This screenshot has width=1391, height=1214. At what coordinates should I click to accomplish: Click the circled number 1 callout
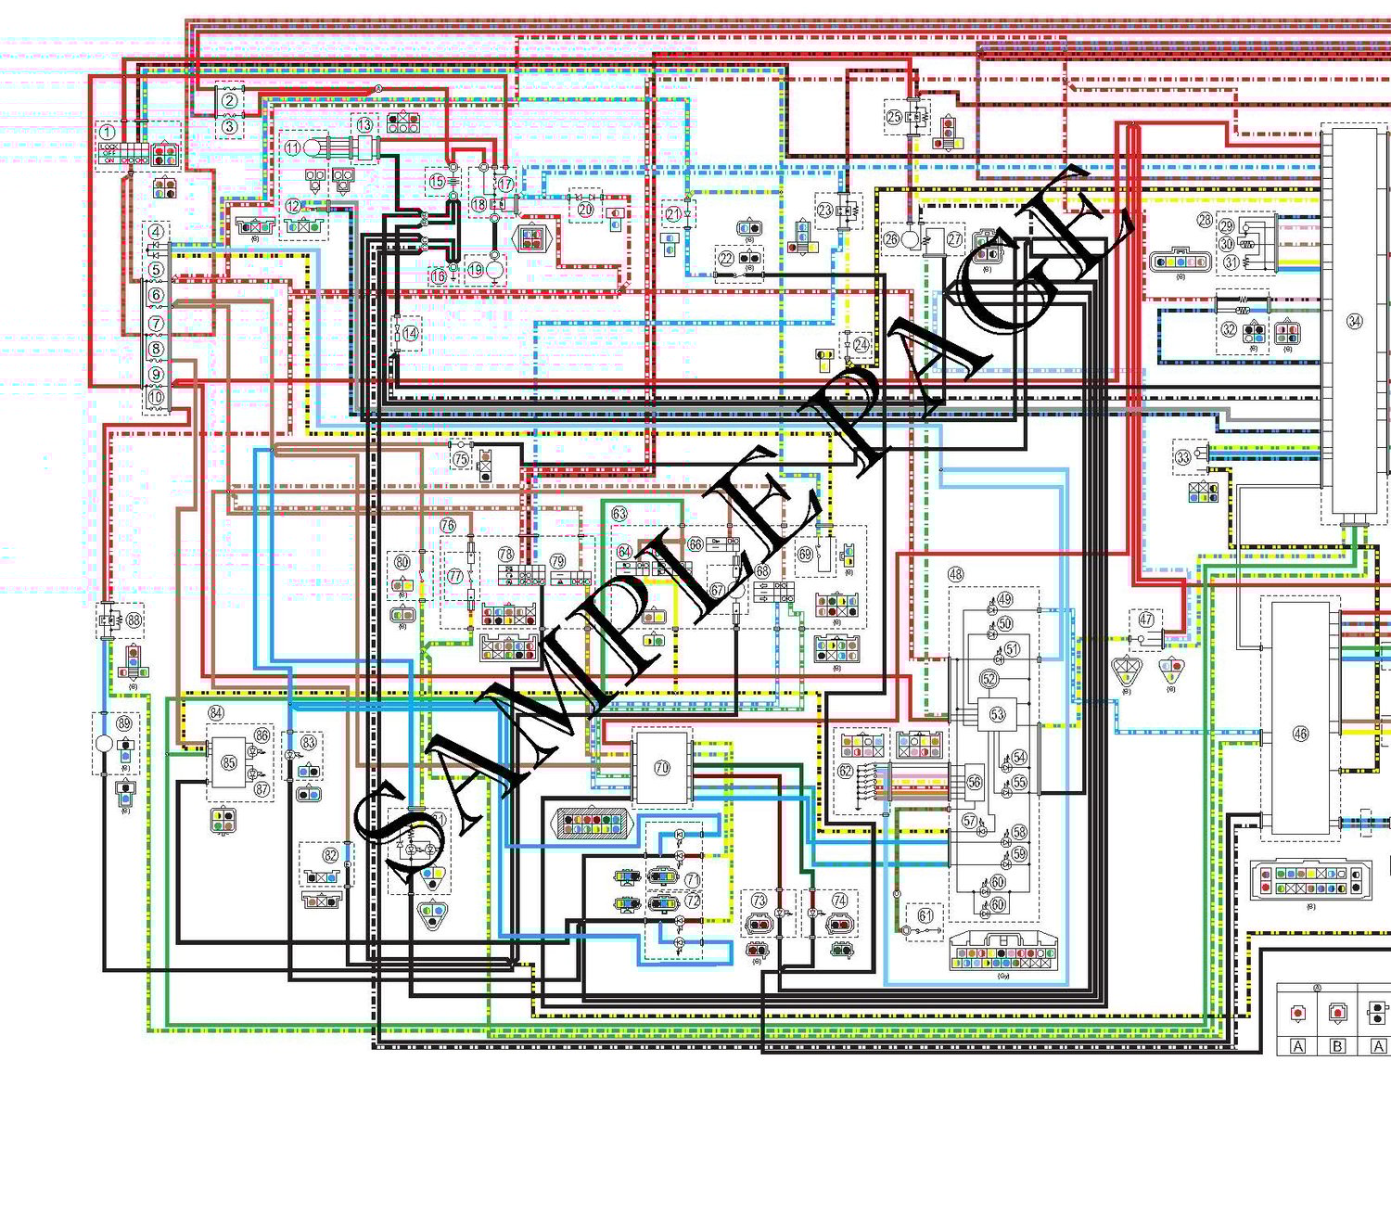(x=108, y=133)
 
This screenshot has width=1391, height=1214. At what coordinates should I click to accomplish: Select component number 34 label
(x=1355, y=322)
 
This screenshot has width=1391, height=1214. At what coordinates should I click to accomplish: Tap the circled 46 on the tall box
(x=1300, y=734)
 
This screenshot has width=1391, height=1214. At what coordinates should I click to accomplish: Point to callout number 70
(x=661, y=768)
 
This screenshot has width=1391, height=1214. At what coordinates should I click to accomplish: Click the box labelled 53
(x=997, y=714)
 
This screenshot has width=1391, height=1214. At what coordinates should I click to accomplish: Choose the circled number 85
(x=228, y=763)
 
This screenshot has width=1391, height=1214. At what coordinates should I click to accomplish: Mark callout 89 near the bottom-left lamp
(x=123, y=723)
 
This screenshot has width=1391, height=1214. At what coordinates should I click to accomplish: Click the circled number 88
(x=134, y=620)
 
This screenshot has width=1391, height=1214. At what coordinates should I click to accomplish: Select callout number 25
(x=894, y=117)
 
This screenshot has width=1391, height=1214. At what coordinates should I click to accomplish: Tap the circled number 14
(x=410, y=333)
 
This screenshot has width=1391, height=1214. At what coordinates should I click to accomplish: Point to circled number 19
(x=477, y=269)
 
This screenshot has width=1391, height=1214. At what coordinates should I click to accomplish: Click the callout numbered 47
(x=1146, y=620)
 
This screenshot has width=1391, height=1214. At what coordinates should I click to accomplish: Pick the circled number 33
(x=1183, y=457)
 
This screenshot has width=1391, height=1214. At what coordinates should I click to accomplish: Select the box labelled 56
(x=974, y=782)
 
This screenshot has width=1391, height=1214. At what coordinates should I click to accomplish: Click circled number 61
(x=925, y=916)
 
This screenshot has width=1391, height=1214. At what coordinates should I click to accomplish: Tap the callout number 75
(x=461, y=458)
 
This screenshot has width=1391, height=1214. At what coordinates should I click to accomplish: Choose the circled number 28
(x=1204, y=220)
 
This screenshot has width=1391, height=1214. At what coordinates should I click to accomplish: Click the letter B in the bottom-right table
(x=1337, y=1046)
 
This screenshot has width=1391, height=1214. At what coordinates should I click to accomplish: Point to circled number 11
(x=292, y=147)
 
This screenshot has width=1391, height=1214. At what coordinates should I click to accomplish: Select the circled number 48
(x=955, y=575)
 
